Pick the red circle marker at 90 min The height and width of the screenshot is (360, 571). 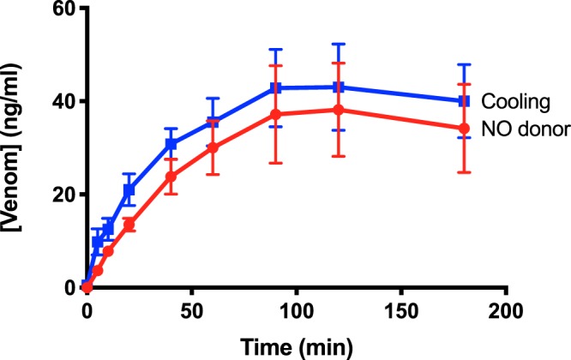(x=275, y=114)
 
